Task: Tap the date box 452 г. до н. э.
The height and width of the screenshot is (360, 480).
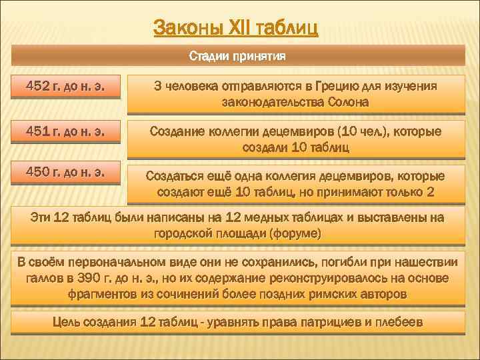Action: [x=65, y=87]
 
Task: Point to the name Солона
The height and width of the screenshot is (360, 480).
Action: [x=347, y=103]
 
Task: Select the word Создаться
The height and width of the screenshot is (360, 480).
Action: [x=173, y=176]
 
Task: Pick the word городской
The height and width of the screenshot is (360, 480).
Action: [x=185, y=234]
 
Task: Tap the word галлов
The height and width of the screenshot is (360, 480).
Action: [x=43, y=277]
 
